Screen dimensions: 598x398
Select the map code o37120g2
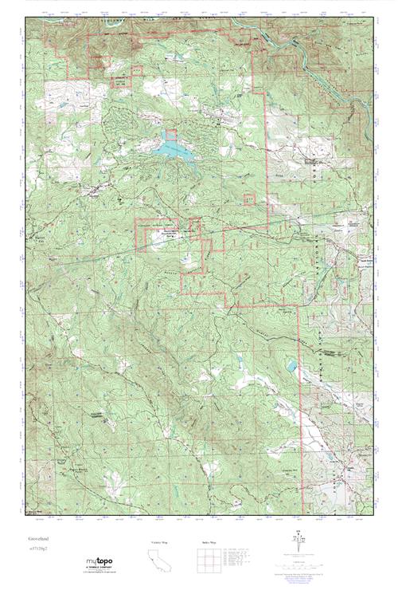[38, 550]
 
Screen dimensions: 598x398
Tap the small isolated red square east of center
[249, 199]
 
